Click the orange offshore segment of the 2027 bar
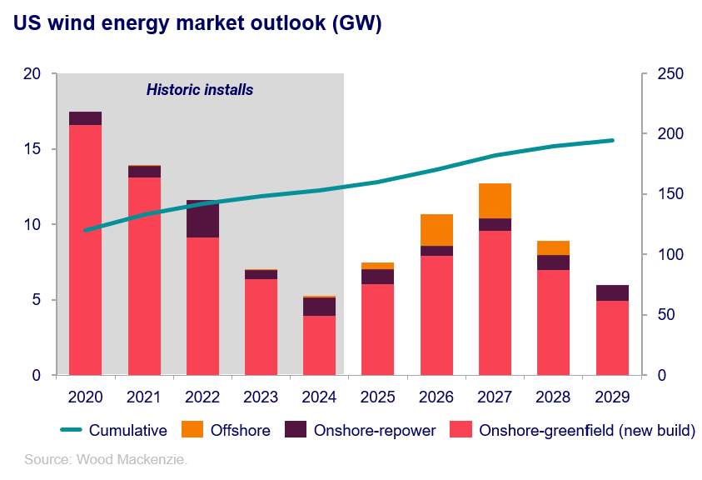(495, 201)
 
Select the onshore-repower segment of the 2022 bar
(202, 219)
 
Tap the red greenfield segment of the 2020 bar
(85, 250)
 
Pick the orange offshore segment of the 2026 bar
(436, 230)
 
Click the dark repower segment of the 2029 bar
(612, 292)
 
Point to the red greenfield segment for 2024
(319, 345)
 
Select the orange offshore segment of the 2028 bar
(553, 247)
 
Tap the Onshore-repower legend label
(374, 431)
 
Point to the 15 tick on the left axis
(33, 149)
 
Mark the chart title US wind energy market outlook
(197, 24)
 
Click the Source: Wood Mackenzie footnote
(106, 459)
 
